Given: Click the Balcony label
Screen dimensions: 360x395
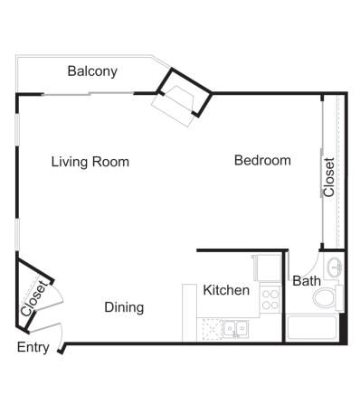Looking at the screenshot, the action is point(92,71).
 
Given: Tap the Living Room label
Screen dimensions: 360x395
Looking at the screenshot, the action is point(90,162).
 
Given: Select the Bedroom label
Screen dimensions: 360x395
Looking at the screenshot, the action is point(262,160).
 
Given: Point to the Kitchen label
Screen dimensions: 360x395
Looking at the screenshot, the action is point(226,290).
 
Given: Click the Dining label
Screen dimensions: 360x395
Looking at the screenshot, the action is point(124,307).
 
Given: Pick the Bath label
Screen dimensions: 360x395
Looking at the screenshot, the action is point(307,281).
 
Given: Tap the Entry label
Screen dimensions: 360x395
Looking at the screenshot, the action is point(33,347).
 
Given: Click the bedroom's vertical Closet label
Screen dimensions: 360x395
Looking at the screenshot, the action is point(329,177).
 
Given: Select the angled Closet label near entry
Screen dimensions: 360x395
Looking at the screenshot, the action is point(34,298).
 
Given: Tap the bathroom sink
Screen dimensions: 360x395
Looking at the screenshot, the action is point(334,267).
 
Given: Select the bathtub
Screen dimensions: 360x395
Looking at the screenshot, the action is point(311,327).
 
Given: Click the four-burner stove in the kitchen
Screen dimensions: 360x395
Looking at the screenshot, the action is point(270,299).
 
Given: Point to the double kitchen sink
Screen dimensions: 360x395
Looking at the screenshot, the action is point(235,329).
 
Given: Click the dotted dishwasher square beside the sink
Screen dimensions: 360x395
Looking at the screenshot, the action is point(213,329).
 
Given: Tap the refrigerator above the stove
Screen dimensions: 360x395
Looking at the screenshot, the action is point(268,268).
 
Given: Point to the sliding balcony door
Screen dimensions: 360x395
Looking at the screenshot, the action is point(89,94).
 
